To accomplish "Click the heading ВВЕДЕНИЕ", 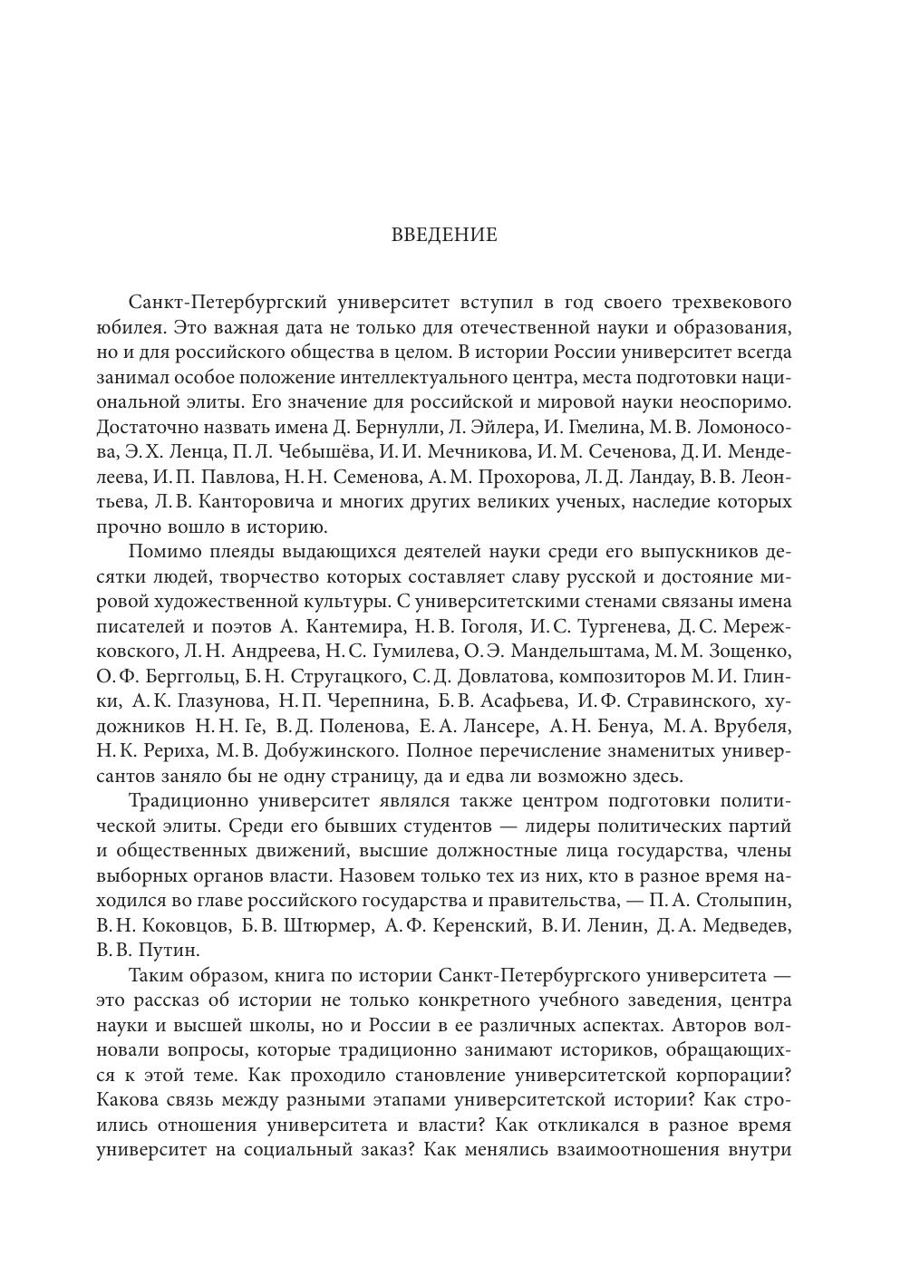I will point(444,236).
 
